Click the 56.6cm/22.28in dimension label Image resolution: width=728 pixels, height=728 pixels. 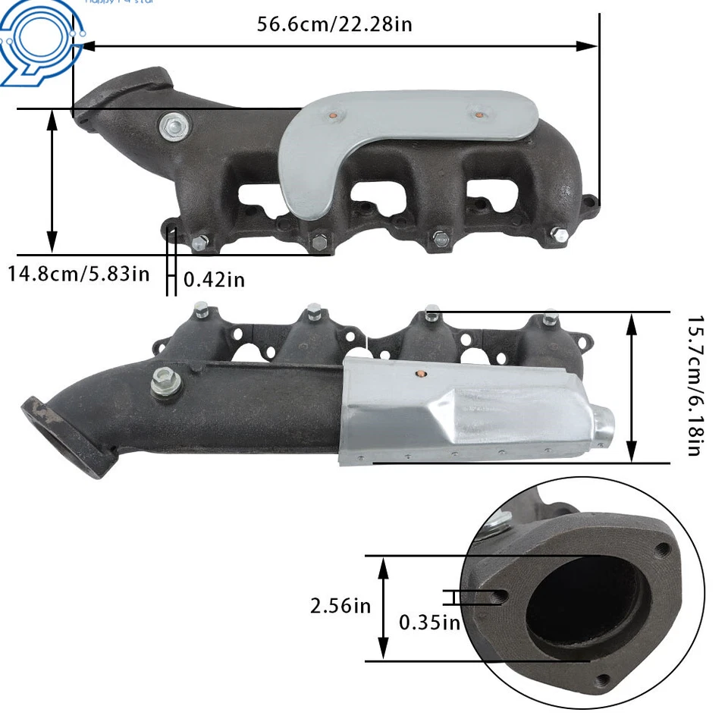334,24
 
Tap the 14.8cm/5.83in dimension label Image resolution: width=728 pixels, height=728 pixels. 79,272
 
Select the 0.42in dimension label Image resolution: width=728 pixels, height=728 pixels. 215,280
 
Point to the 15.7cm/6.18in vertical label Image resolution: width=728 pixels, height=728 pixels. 692,386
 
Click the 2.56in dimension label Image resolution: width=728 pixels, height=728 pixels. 340,606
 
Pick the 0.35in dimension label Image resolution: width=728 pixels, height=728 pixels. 430,623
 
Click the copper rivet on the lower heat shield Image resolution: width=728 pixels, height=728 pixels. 422,374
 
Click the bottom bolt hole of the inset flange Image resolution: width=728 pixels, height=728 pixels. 603,680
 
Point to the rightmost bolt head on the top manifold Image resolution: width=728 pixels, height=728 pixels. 560,235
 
